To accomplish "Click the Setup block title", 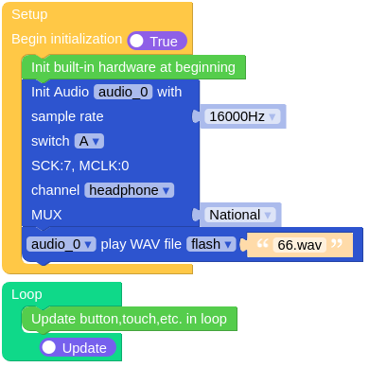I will [29, 15].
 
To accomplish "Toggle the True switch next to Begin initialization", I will [157, 42].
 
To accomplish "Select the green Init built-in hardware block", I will [132, 67].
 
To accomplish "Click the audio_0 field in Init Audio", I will [123, 93].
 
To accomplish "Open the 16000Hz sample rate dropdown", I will [243, 116].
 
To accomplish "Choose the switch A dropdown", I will [89, 141].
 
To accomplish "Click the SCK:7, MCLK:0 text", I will [79, 166].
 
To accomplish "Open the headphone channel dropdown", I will [130, 190].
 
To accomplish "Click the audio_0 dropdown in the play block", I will [61, 244].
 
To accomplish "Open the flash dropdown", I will [210, 244].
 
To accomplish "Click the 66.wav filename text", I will [299, 245].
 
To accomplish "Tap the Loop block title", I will [26, 294].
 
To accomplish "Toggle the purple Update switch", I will [79, 347].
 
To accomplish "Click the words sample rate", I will [67, 116].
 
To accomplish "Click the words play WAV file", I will [141, 244].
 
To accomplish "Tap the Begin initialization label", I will [66, 40].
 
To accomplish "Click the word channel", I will [55, 190].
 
